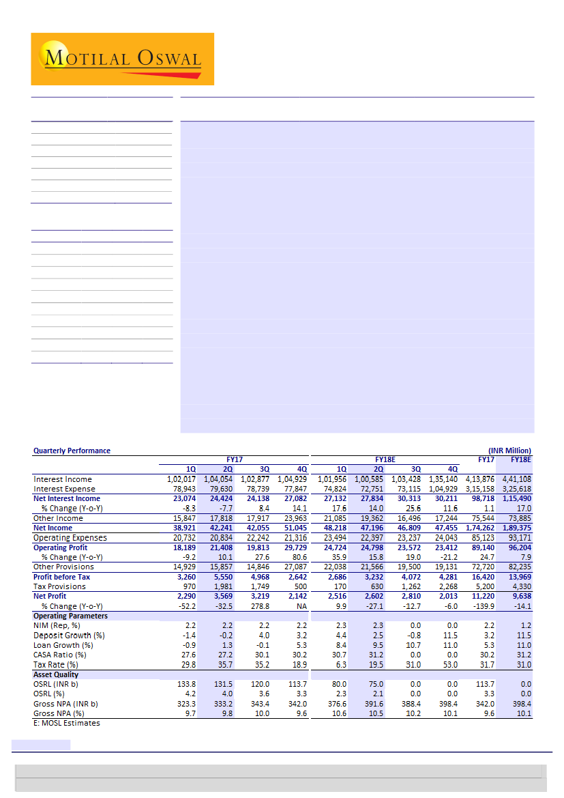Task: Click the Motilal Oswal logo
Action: tap(123, 59)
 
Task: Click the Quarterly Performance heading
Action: tap(72, 451)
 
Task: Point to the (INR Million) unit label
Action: tap(509, 451)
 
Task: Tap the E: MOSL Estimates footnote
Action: tap(67, 723)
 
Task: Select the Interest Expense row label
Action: tap(64, 489)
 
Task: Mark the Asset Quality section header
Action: tap(56, 674)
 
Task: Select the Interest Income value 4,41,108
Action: tap(516, 479)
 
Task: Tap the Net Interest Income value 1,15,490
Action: tap(516, 498)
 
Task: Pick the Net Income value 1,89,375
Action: tap(516, 528)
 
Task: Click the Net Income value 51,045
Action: tap(293, 528)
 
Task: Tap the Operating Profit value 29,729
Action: tap(293, 547)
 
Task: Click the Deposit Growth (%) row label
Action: tap(69, 636)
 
